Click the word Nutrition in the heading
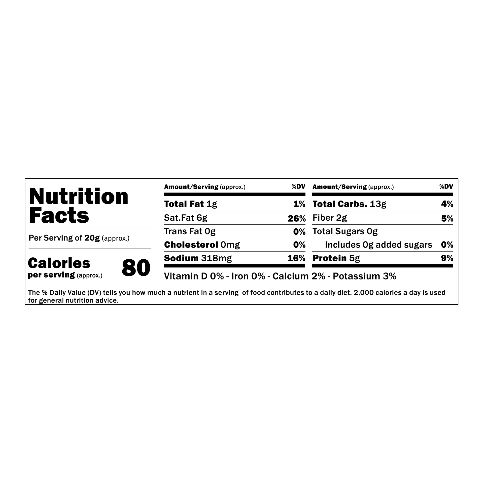tap(79, 197)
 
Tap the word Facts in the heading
tap(59, 215)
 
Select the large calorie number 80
tap(136, 268)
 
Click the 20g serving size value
tap(92, 238)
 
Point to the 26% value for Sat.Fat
tap(297, 219)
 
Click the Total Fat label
tap(184, 204)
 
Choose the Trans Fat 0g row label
tap(190, 232)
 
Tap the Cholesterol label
tap(191, 245)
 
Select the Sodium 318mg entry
tap(198, 258)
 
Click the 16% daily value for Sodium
tap(297, 258)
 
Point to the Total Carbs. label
tap(340, 204)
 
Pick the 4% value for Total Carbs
tap(447, 204)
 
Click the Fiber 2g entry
tap(330, 218)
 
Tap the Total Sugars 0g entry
tap(345, 232)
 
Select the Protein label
tap(330, 258)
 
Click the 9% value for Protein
tap(447, 258)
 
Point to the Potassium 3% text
tap(365, 276)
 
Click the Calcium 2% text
tap(299, 276)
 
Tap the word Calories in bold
tap(59, 263)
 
